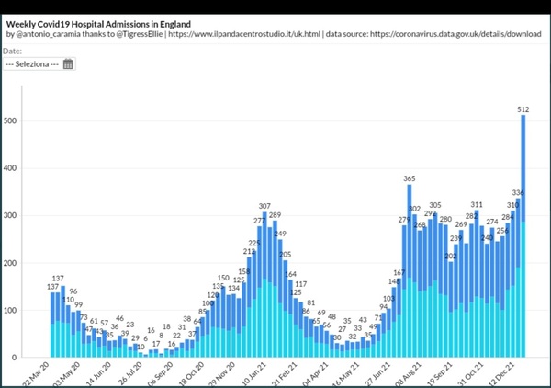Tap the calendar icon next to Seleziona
[x=68, y=64]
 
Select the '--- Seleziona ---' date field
[x=32, y=64]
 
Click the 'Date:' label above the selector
[x=13, y=51]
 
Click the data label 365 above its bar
[x=410, y=178]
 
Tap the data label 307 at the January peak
[x=264, y=206]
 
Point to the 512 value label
[x=523, y=109]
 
